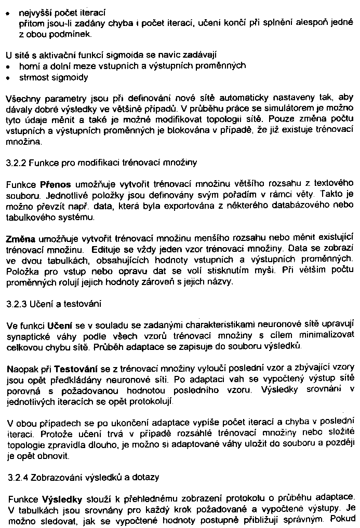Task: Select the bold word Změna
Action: pyautogui.click(x=20, y=239)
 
